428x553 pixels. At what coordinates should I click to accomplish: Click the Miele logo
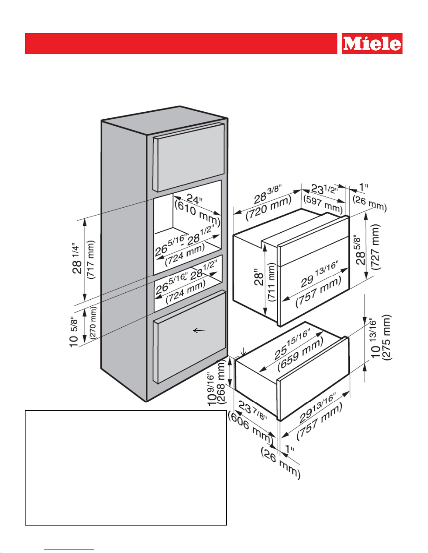click(372, 44)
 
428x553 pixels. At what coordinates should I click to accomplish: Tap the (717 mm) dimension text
click(91, 260)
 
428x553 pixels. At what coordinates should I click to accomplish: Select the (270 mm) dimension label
click(93, 322)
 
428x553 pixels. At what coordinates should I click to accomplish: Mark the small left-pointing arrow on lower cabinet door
click(200, 330)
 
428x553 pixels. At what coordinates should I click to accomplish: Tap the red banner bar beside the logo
click(181, 44)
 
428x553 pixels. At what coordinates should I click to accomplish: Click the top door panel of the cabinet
click(189, 157)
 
